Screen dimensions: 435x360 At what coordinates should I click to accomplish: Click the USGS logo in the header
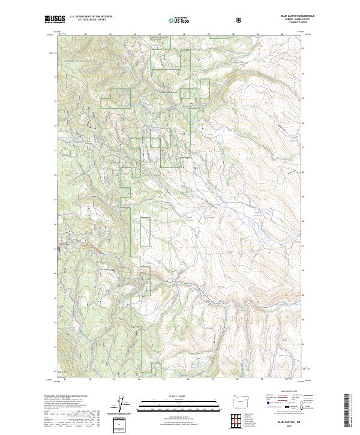pyautogui.click(x=55, y=20)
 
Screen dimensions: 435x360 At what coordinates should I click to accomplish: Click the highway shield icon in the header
pyautogui.click(x=239, y=20)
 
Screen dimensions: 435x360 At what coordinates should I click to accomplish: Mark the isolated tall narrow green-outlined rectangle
pyautogui.click(x=145, y=231)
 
